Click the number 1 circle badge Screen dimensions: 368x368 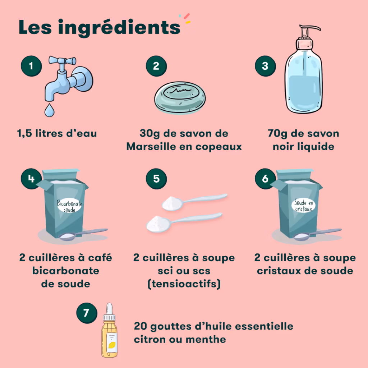31,66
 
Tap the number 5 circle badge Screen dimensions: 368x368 156,179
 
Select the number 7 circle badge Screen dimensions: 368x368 87,313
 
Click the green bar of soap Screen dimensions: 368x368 180,98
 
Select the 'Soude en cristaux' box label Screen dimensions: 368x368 304,206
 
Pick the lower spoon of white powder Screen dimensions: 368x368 184,222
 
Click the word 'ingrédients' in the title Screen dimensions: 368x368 119,28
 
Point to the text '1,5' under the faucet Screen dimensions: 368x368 24,134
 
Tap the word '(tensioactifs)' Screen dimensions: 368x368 184,284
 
